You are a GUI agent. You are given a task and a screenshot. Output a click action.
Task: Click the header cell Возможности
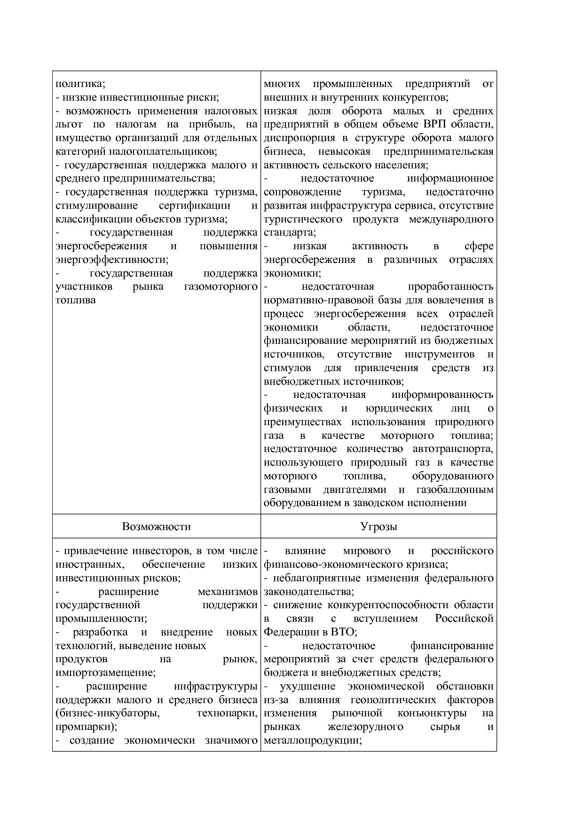[156, 526]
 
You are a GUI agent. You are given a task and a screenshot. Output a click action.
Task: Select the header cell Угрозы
[378, 526]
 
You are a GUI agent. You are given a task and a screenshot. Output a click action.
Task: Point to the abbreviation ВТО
[343, 632]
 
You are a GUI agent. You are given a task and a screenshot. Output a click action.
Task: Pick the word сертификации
[194, 206]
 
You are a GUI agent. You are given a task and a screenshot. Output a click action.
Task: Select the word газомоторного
[221, 286]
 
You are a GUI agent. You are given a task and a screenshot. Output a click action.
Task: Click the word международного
[451, 219]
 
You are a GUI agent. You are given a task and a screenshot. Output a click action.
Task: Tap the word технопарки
[227, 713]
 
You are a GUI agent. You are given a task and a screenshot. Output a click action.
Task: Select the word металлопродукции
[312, 740]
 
